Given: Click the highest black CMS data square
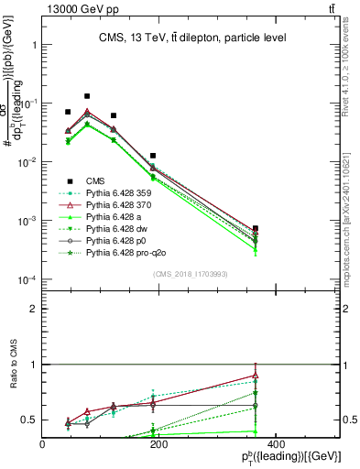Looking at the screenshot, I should tap(87, 96).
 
